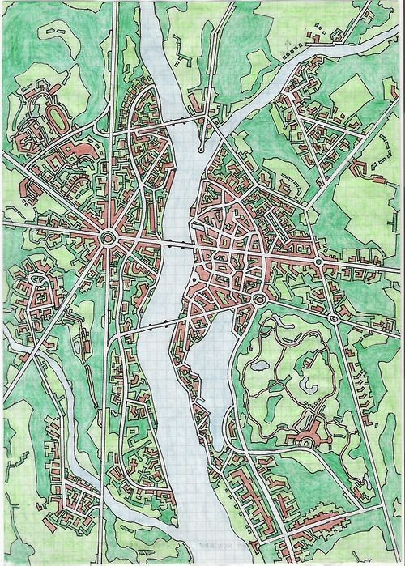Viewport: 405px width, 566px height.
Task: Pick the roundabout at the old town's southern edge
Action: [x=259, y=300]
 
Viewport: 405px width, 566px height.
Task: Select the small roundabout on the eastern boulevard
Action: [x=319, y=262]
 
